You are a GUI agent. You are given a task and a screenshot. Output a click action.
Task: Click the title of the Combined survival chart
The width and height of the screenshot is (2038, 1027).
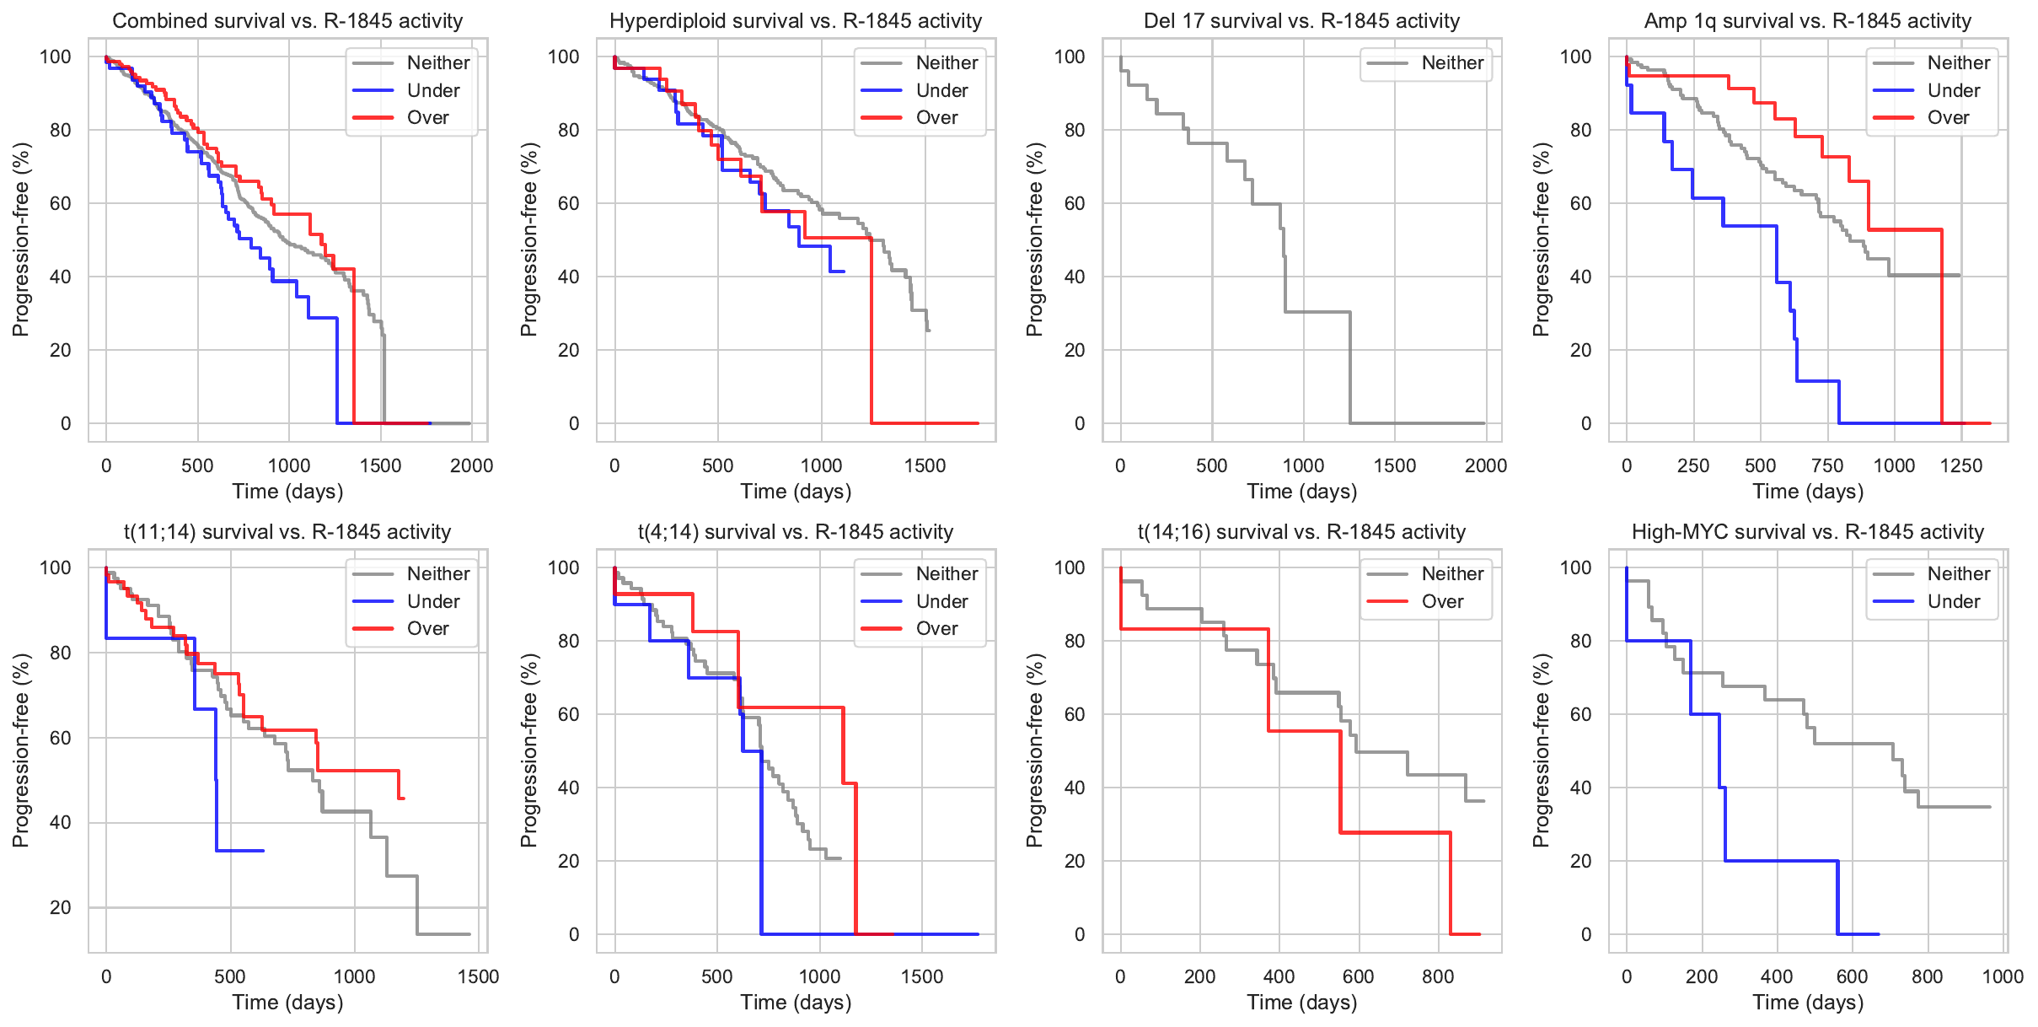point(287,21)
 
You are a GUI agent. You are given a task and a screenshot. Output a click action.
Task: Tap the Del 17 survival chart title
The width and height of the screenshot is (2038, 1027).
point(1301,21)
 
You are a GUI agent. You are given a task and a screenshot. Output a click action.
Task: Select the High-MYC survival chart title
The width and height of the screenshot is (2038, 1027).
point(1808,532)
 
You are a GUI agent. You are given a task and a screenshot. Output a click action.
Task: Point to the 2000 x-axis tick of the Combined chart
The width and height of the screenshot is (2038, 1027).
point(471,466)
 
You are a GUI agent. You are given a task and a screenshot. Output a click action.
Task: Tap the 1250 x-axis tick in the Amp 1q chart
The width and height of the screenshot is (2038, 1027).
point(1961,466)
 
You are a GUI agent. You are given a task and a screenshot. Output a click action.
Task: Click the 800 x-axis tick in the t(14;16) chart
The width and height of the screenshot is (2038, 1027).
point(1438,977)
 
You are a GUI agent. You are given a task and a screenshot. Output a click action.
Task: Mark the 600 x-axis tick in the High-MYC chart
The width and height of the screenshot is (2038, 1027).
point(1853,977)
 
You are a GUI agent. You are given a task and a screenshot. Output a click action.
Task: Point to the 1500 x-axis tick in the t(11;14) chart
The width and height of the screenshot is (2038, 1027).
point(478,977)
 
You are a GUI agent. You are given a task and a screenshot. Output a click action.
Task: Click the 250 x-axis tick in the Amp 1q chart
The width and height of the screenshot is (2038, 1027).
point(1693,466)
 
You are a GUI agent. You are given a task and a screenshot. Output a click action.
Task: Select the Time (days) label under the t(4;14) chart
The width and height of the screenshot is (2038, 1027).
point(796,1003)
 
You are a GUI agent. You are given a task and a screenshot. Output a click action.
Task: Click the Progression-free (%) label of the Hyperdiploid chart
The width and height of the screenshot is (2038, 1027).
point(528,239)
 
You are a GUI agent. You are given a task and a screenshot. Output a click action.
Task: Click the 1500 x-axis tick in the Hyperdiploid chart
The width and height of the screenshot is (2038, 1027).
point(925,466)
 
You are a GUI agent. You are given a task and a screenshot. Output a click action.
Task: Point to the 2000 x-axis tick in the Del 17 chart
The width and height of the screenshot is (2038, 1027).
point(1486,466)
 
